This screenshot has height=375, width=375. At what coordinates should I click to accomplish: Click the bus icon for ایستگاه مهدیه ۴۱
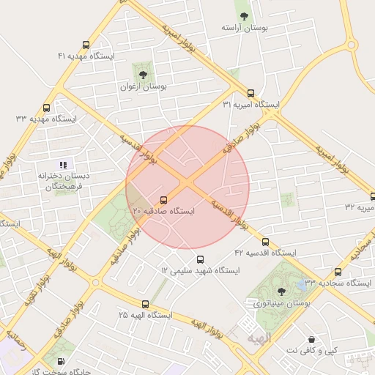tap(86, 45)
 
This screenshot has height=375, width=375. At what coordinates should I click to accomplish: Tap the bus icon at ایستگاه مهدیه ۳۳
tap(47, 108)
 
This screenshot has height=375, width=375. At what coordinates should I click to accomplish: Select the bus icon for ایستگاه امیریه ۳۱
tap(251, 93)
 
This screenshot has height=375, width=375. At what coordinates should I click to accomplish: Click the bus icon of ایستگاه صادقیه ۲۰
tap(163, 199)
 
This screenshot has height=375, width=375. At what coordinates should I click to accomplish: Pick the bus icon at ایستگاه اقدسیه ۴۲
tap(265, 242)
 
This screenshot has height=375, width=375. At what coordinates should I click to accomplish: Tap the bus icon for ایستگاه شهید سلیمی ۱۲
tap(201, 259)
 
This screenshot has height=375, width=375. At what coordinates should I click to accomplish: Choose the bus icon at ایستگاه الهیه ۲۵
tap(144, 304)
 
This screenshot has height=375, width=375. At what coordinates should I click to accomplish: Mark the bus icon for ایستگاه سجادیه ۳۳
tap(338, 272)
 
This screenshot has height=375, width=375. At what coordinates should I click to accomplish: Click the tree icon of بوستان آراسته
tap(244, 15)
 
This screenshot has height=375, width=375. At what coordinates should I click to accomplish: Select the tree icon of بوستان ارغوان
tap(143, 74)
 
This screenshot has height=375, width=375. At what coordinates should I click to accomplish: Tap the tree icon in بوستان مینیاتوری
tap(282, 291)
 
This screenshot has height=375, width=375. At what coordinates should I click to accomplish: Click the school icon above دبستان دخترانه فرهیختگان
tap(64, 165)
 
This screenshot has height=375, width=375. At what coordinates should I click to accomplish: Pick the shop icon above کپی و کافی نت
tap(313, 340)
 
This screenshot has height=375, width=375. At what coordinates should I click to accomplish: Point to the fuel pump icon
tap(60, 361)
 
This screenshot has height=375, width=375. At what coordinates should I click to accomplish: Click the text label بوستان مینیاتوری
tap(282, 302)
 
